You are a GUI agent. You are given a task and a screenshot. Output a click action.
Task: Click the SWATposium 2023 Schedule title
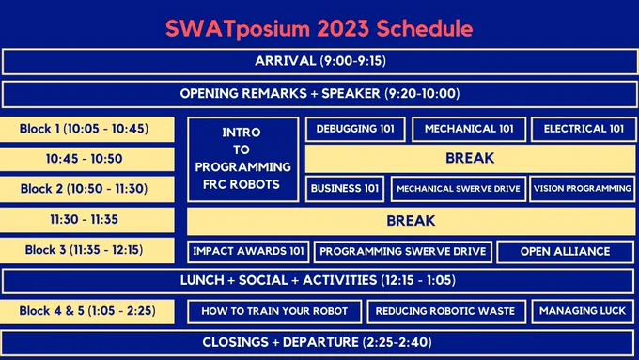click(x=319, y=28)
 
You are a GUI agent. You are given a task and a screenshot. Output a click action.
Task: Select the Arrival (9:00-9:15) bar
click(x=319, y=61)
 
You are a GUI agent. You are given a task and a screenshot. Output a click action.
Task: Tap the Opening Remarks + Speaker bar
click(x=319, y=94)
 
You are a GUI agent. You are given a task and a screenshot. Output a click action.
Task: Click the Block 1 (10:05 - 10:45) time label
click(x=86, y=129)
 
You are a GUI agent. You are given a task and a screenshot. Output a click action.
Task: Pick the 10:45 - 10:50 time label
click(x=86, y=159)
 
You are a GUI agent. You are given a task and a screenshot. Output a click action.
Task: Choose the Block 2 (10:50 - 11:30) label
click(x=86, y=189)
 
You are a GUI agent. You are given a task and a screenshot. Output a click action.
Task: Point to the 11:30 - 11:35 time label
click(x=86, y=220)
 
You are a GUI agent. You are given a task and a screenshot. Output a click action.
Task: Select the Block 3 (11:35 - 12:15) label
click(x=86, y=250)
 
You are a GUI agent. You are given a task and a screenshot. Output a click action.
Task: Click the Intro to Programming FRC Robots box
click(x=242, y=159)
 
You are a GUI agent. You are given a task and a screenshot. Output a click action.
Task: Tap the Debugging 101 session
click(x=355, y=129)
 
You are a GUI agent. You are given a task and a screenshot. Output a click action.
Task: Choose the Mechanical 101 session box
click(x=469, y=129)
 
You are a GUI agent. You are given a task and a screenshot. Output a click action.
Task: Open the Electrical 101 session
click(x=584, y=129)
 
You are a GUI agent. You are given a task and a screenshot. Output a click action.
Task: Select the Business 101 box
click(x=345, y=189)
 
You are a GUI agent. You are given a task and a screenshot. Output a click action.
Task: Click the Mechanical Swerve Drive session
click(x=459, y=189)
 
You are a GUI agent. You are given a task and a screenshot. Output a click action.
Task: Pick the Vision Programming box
click(x=583, y=189)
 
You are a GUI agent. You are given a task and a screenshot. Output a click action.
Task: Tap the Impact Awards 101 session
click(x=248, y=251)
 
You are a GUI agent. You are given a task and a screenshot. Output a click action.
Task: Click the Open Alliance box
click(x=566, y=251)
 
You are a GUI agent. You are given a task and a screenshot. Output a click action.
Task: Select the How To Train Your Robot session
click(x=274, y=311)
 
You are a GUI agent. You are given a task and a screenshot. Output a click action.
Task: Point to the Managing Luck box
click(x=583, y=311)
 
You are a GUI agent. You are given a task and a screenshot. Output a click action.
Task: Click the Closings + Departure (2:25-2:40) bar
click(x=318, y=342)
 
